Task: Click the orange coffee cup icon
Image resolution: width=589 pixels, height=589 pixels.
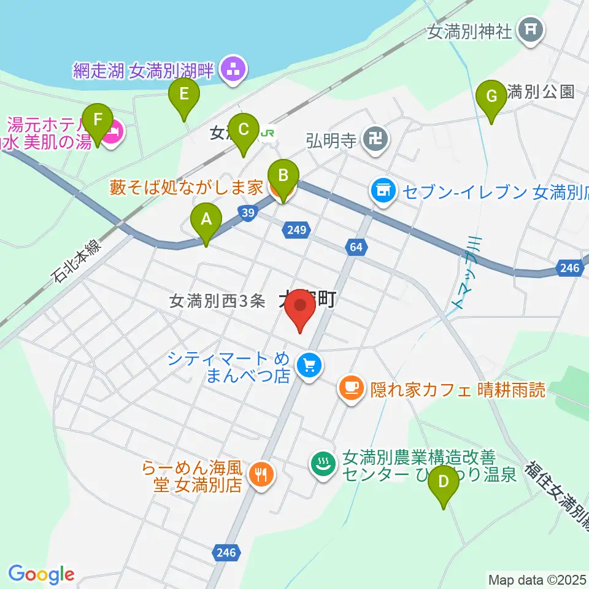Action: pyautogui.click(x=350, y=388)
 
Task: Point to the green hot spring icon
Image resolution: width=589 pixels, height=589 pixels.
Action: pyautogui.click(x=323, y=463)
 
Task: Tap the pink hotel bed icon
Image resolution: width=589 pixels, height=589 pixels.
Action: pyautogui.click(x=113, y=132)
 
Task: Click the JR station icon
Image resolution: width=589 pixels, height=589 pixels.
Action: pyautogui.click(x=267, y=133)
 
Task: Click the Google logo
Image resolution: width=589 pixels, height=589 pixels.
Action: pyautogui.click(x=41, y=574)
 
